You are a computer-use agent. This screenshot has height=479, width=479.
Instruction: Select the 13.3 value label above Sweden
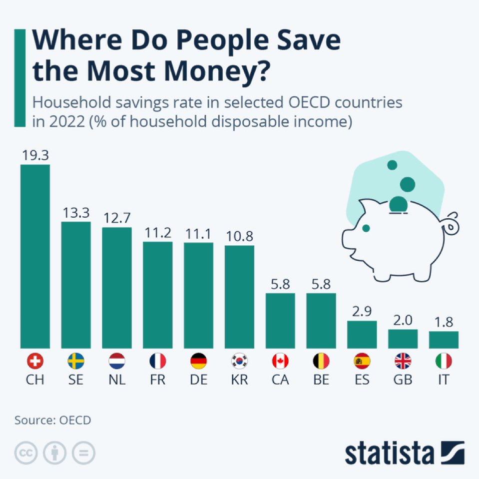pyautogui.click(x=76, y=213)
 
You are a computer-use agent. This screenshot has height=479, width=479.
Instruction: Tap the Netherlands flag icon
pyautogui.click(x=117, y=361)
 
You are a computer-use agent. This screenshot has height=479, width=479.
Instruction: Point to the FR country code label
pyautogui.click(x=158, y=379)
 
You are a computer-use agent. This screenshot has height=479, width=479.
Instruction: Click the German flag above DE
pyautogui.click(x=199, y=361)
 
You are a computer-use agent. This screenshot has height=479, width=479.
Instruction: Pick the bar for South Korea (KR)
pyautogui.click(x=239, y=297)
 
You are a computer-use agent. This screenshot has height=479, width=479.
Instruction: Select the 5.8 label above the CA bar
pyautogui.click(x=280, y=284)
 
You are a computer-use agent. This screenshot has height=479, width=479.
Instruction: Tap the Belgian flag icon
pyautogui.click(x=321, y=361)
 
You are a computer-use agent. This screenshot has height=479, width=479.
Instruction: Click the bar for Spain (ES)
pyautogui.click(x=362, y=334)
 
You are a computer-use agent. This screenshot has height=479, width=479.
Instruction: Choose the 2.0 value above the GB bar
pyautogui.click(x=403, y=320)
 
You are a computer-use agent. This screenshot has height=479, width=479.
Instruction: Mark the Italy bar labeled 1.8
pyautogui.click(x=444, y=339)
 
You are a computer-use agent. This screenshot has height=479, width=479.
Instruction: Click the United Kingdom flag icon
pyautogui.click(x=403, y=361)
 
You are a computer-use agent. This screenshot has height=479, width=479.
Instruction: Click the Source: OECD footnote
pyautogui.click(x=53, y=420)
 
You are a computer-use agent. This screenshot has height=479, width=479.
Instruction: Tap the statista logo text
pyautogui.click(x=389, y=453)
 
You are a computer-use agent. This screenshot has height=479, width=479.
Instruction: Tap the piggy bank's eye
pyautogui.click(x=366, y=228)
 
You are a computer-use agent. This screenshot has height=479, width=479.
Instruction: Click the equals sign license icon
pyautogui.click(x=83, y=454)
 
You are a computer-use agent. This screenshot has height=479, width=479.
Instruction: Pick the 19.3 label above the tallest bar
pyautogui.click(x=35, y=155)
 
